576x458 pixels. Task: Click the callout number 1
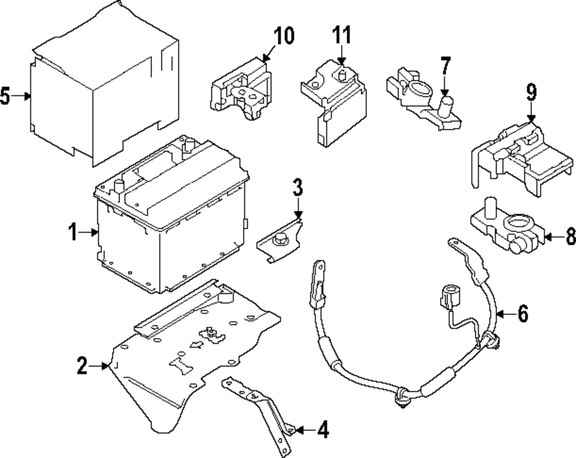click(73, 233)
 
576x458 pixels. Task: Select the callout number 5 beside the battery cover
click(6, 96)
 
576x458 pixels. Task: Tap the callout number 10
click(283, 36)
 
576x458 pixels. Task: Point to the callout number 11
click(341, 36)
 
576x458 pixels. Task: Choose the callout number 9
click(530, 92)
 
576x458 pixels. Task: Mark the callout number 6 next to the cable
click(522, 314)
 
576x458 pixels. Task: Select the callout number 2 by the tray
click(83, 365)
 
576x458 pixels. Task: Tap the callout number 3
click(297, 188)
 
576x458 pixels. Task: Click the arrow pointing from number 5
click(23, 96)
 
